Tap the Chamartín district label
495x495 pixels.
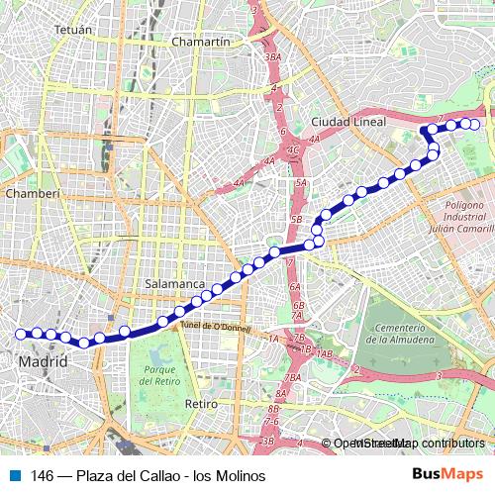pyautogui.click(x=201, y=43)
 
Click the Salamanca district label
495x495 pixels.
pyautogui.click(x=173, y=283)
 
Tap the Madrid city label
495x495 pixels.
pyautogui.click(x=44, y=363)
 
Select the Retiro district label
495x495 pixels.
pyautogui.click(x=201, y=404)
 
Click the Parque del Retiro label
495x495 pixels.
pyautogui.click(x=158, y=375)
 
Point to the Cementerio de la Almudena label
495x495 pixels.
pyautogui.click(x=400, y=333)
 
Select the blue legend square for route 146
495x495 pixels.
pyautogui.click(x=13, y=476)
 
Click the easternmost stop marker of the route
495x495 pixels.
pyautogui.click(x=473, y=124)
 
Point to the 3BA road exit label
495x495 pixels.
pyautogui.click(x=273, y=57)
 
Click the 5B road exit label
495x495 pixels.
pyautogui.click(x=295, y=218)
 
